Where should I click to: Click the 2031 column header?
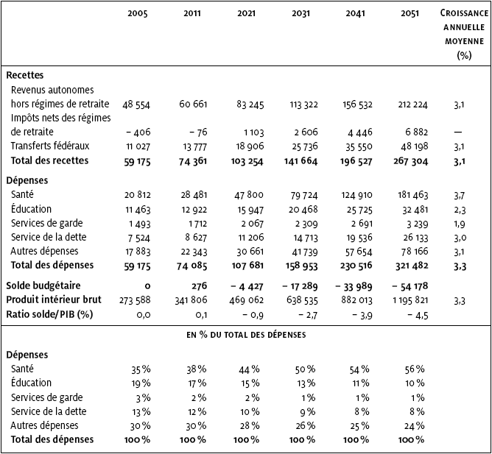[x=301, y=13]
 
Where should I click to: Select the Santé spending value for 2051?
[x=412, y=195]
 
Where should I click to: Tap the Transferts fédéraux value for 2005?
[x=138, y=146]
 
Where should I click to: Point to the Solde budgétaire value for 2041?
[x=354, y=286]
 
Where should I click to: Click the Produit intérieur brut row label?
[x=54, y=299]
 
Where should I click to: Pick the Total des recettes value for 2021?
[x=247, y=161]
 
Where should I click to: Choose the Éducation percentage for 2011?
[x=197, y=383]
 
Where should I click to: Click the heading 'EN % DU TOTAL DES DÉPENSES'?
[x=246, y=335]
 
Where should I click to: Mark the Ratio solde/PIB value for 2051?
[x=418, y=315]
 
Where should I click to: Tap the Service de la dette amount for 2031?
[x=306, y=238]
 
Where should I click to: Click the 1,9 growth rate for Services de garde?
[x=460, y=224]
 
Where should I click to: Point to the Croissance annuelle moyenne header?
[x=464, y=34]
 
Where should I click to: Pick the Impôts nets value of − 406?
[x=138, y=132]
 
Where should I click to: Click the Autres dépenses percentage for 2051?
[x=415, y=426]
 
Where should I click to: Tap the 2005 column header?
[x=138, y=13]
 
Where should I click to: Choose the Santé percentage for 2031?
[x=305, y=369]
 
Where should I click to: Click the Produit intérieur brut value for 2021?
[x=246, y=300]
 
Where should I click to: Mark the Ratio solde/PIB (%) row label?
[x=49, y=314]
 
